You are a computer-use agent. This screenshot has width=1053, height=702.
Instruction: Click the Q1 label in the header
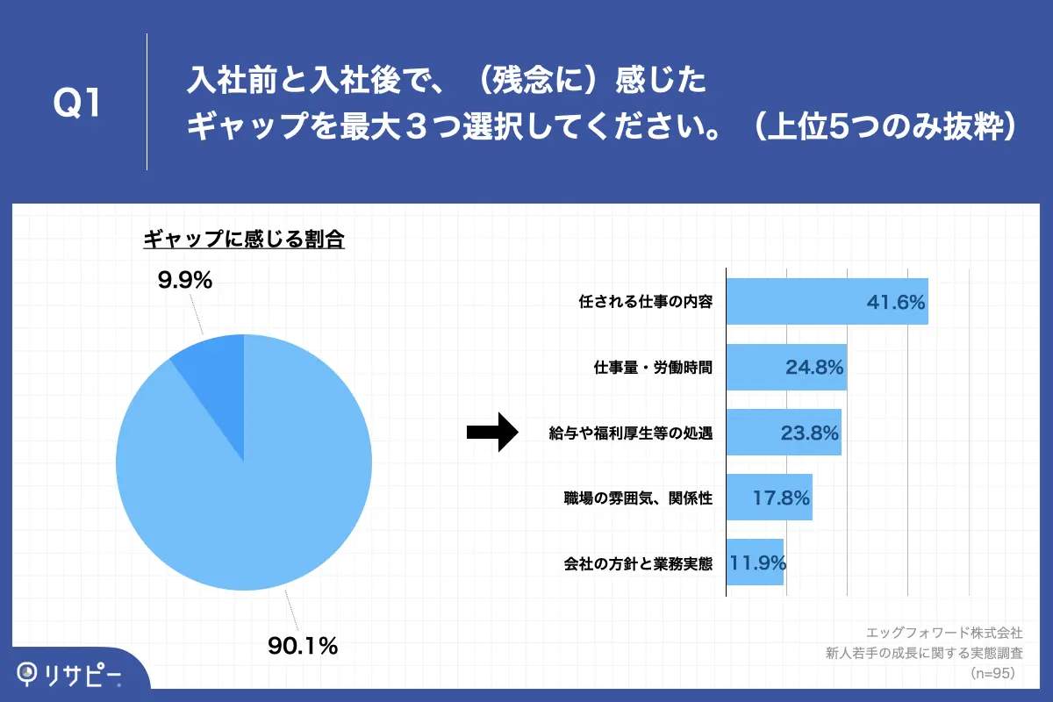(x=77, y=104)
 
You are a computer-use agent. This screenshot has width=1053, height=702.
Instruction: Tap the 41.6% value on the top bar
(x=896, y=303)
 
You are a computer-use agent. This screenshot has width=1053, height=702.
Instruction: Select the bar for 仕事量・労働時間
(x=786, y=367)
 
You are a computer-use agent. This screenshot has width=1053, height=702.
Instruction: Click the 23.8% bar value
(x=809, y=433)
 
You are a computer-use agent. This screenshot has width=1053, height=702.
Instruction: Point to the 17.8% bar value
(x=780, y=498)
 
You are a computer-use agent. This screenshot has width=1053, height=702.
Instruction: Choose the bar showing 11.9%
(x=755, y=562)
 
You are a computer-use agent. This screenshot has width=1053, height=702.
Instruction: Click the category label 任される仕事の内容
(x=645, y=303)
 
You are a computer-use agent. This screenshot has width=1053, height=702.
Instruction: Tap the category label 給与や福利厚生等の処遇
(x=629, y=433)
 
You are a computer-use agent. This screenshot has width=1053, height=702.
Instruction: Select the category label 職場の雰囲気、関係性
(x=637, y=498)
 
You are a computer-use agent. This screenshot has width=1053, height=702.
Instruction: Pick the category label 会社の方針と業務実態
(x=637, y=562)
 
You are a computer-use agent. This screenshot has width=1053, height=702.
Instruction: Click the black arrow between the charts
(x=494, y=432)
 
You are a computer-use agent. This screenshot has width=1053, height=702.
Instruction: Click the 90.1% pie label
(x=303, y=647)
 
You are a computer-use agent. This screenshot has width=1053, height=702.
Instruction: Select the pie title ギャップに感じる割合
(x=243, y=239)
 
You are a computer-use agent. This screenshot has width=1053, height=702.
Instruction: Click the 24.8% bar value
(x=813, y=368)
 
